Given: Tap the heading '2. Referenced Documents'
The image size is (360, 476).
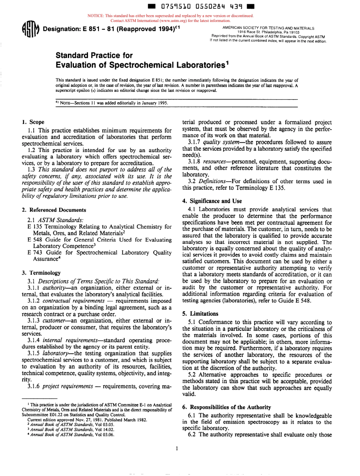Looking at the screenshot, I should point(54,210).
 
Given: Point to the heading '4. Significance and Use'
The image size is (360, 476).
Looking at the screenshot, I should point(212,201).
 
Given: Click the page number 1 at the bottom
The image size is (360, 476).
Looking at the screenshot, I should point(177,449).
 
